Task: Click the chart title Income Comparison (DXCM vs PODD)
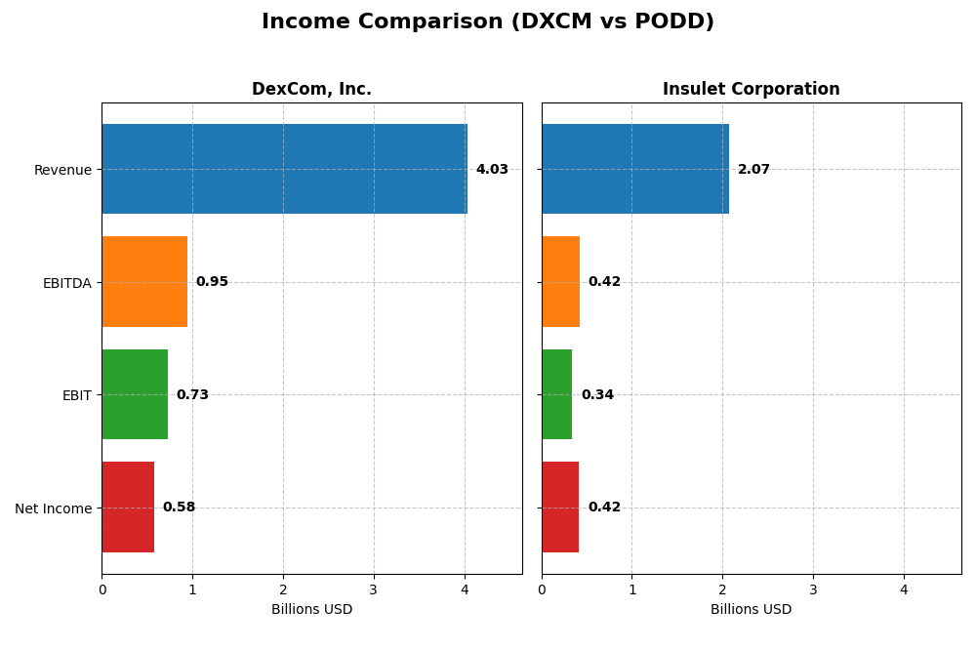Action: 487,21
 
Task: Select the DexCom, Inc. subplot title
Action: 311,89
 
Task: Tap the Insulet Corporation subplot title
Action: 751,89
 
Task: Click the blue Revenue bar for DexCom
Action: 284,169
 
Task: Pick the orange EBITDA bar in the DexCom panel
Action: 144,281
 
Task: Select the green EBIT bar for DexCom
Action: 135,394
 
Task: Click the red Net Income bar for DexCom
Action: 128,507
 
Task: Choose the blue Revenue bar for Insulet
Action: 635,169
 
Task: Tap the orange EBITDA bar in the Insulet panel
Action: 560,281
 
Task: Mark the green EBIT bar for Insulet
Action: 557,394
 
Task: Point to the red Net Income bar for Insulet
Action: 560,507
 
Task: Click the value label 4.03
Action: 492,170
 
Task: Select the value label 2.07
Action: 753,170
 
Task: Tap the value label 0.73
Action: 192,395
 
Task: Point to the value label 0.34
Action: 597,395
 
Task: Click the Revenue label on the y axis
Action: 62,170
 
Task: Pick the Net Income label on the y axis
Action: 54,508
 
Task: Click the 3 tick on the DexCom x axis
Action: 374,589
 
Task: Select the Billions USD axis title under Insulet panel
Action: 751,610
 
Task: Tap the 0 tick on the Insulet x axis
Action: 542,589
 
